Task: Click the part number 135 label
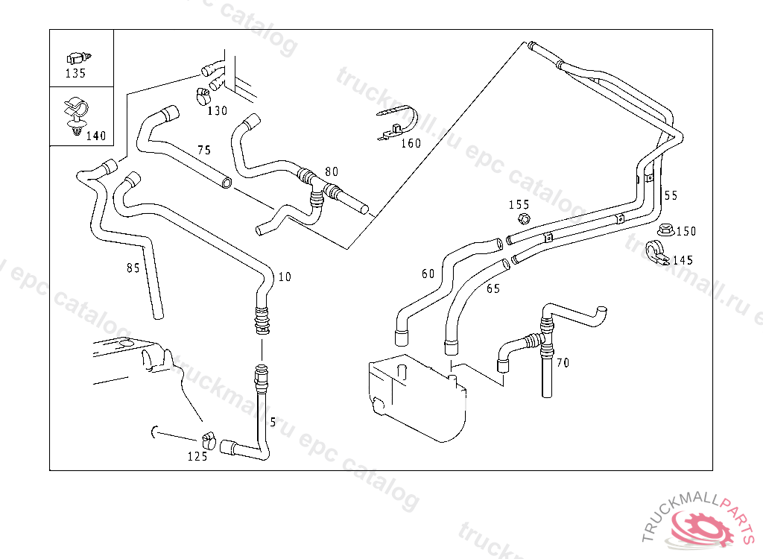tap(75, 74)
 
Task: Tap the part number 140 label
tap(96, 136)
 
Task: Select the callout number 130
tap(217, 111)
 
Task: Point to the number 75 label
tap(203, 150)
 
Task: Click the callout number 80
tap(331, 171)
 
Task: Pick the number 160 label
tap(411, 143)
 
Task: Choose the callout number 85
tap(133, 268)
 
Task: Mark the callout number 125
tap(197, 456)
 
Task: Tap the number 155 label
tap(519, 204)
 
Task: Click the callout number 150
tap(686, 231)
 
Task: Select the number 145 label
tap(683, 260)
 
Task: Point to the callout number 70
tap(563, 363)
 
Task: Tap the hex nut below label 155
tap(522, 218)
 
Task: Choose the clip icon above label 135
tap(77, 57)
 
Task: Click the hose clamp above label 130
tap(202, 95)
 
